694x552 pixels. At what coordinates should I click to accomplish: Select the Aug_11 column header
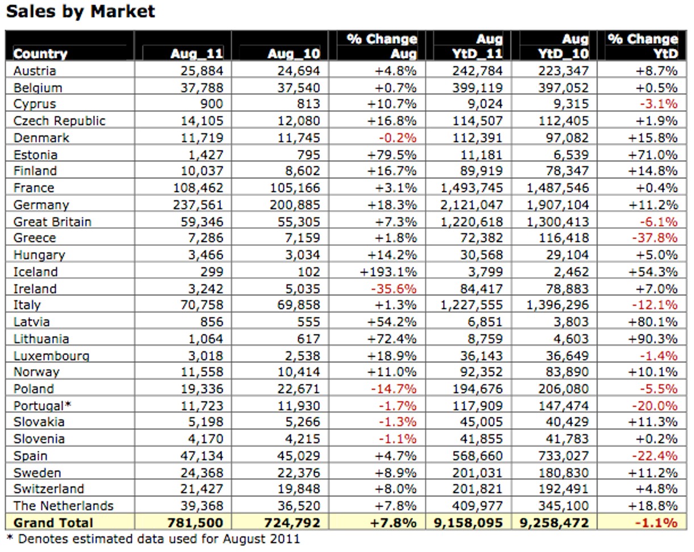(197, 53)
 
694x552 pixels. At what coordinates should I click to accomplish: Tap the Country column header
(40, 54)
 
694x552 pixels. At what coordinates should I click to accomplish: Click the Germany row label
(41, 205)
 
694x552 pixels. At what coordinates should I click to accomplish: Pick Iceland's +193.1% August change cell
(388, 272)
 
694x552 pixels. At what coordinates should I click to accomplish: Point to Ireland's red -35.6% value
(394, 288)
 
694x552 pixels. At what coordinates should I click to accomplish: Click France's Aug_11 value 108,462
(198, 188)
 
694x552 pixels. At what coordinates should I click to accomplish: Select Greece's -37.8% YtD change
(655, 238)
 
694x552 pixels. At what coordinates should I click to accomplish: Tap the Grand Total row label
(53, 522)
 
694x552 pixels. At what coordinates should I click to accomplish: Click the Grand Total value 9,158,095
(469, 522)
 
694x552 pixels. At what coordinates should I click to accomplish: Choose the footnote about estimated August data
(153, 539)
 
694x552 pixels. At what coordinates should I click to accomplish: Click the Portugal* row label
(42, 405)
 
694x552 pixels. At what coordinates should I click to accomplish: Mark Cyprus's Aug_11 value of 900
(212, 104)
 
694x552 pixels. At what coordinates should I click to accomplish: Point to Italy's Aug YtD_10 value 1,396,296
(558, 305)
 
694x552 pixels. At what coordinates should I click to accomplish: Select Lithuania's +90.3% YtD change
(653, 339)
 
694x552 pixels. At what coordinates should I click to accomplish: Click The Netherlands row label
(64, 505)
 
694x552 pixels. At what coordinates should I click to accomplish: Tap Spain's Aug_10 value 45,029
(299, 455)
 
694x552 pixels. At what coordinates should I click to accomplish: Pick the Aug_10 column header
(294, 53)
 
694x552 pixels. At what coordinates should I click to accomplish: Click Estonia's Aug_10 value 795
(308, 155)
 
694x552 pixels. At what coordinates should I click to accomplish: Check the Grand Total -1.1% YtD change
(657, 522)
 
